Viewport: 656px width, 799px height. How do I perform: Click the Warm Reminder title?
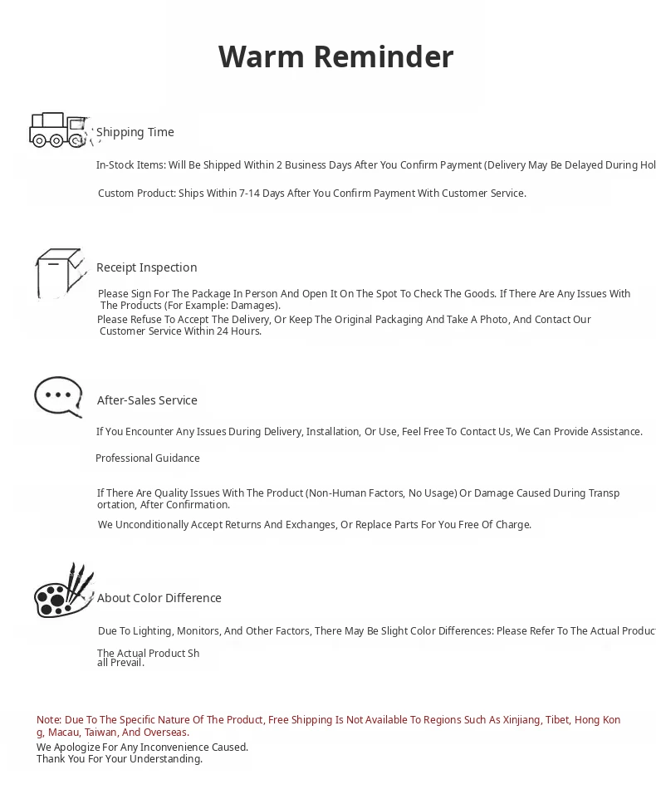(x=335, y=57)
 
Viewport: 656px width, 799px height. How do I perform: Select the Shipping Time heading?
(x=135, y=132)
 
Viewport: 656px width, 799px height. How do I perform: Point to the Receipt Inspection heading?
(x=146, y=267)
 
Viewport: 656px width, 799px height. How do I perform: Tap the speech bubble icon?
(x=58, y=396)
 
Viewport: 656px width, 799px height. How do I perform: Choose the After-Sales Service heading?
(x=147, y=400)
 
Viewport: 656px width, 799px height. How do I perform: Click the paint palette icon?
(x=63, y=592)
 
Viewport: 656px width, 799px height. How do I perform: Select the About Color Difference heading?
(x=159, y=598)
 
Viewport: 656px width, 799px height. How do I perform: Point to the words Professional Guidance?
(x=148, y=458)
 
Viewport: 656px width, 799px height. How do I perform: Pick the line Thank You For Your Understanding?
(x=120, y=759)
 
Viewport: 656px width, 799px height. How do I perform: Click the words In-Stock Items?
(x=130, y=165)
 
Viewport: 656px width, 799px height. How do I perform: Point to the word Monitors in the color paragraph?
(x=198, y=631)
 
